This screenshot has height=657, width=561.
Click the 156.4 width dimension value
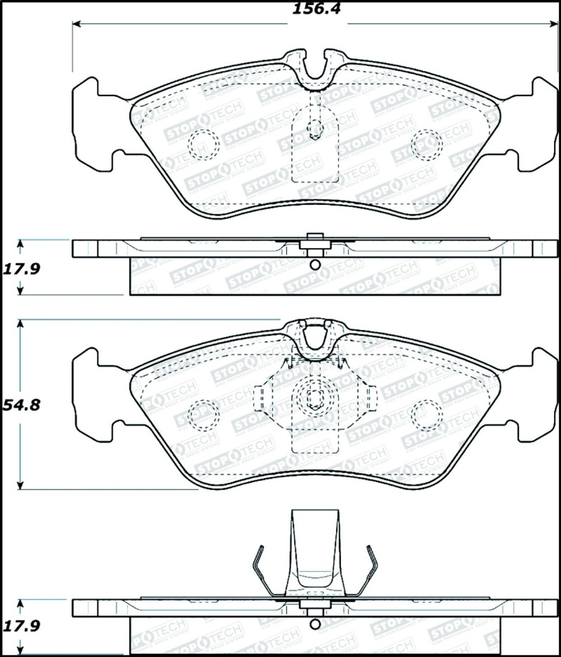[x=316, y=9]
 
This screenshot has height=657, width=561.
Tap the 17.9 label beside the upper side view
[x=21, y=268]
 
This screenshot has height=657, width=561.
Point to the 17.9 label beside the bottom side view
[x=21, y=626]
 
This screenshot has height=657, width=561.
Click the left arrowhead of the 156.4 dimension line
[x=76, y=24]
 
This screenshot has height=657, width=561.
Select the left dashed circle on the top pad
[x=203, y=145]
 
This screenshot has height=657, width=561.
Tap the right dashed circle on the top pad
[x=427, y=144]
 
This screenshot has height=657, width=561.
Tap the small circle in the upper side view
[x=315, y=265]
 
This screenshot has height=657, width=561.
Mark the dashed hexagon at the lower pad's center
[x=314, y=398]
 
